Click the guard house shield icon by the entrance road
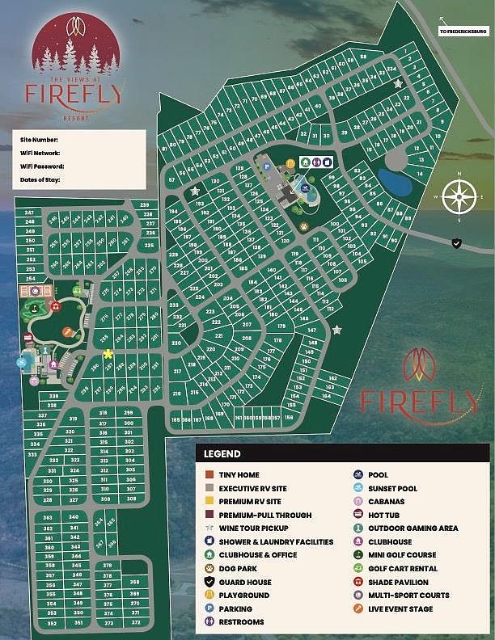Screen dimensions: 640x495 point(456,242)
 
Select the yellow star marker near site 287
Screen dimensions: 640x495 point(108,354)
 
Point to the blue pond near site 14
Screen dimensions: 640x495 point(396,180)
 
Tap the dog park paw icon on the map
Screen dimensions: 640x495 point(303,226)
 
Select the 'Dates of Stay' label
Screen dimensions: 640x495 point(40,179)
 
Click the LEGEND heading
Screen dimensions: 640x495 point(222,454)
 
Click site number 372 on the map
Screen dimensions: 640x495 point(136,623)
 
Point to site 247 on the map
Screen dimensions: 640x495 point(30,213)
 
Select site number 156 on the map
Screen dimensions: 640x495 point(288,418)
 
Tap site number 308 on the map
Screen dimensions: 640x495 point(129,499)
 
